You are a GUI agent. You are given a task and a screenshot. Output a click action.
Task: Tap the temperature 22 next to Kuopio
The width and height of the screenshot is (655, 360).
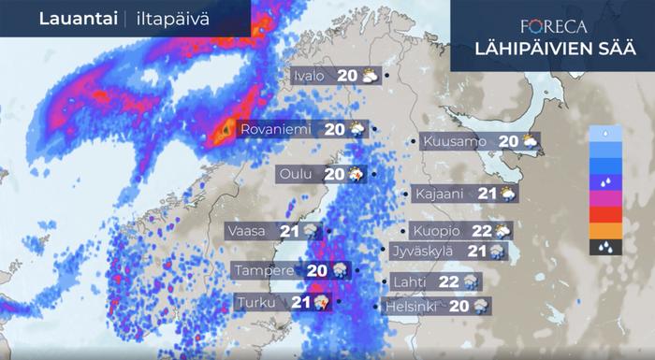click(482, 230)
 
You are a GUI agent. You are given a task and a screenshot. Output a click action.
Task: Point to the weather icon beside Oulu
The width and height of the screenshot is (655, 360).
click(357, 173)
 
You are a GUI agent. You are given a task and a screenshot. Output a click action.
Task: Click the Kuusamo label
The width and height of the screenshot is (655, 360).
click(455, 141)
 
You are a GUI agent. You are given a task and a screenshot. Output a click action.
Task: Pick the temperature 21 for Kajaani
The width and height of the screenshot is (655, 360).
click(487, 194)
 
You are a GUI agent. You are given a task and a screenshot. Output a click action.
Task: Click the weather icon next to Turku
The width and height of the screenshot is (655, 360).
click(321, 302)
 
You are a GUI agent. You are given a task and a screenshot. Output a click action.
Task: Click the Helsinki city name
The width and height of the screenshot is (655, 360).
click(412, 306)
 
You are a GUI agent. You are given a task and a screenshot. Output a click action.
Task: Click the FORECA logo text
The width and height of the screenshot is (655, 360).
click(552, 25)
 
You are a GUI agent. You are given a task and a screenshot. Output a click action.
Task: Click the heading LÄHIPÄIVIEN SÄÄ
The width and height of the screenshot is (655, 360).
click(552, 50)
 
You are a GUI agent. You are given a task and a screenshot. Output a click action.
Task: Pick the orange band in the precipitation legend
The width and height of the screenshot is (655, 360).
click(601, 230)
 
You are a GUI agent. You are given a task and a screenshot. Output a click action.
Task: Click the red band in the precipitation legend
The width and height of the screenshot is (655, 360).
click(601, 214)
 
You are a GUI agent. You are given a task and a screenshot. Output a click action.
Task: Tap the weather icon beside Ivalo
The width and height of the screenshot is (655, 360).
click(371, 76)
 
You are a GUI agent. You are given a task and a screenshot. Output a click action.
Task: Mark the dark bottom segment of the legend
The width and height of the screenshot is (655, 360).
click(601, 247)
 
